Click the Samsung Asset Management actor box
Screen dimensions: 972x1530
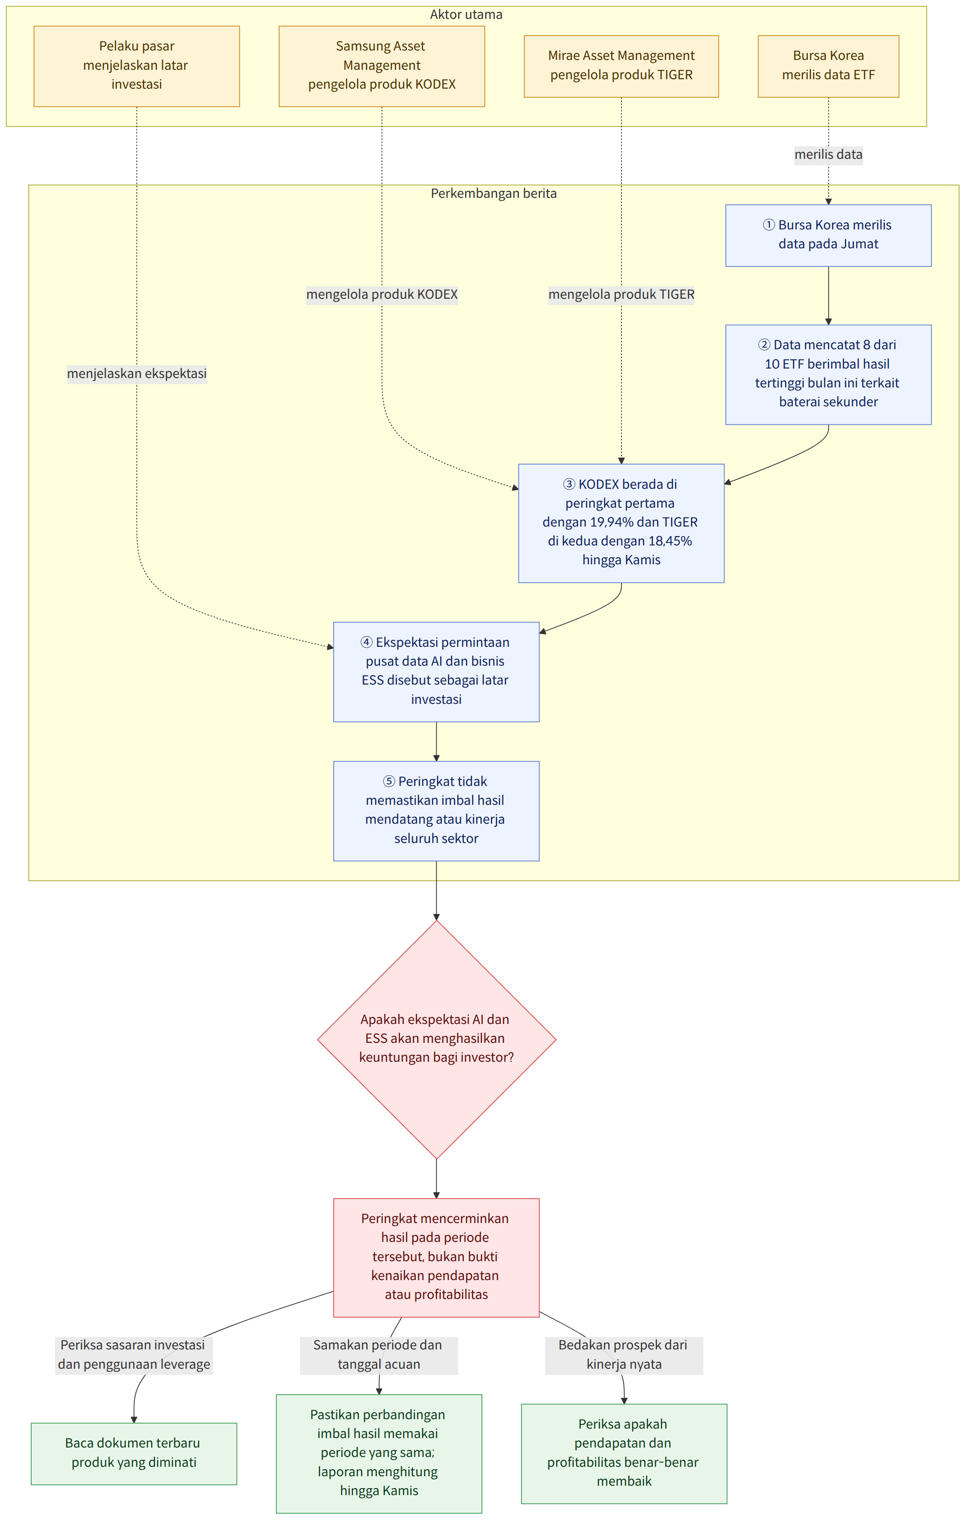(x=382, y=66)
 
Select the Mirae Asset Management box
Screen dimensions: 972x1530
(x=621, y=66)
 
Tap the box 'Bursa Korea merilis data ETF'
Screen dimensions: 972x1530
(x=828, y=66)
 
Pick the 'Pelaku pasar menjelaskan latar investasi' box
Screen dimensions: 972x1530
(x=137, y=66)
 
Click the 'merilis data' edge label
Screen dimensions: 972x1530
(x=828, y=154)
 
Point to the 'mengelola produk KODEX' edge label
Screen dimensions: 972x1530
(x=382, y=295)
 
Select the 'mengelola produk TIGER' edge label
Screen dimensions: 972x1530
(x=621, y=295)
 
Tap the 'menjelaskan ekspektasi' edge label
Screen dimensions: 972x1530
(x=137, y=373)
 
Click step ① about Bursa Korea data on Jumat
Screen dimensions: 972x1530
(x=828, y=235)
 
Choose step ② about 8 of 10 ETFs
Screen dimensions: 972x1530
(x=828, y=374)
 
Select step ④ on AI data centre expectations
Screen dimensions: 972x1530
(x=436, y=671)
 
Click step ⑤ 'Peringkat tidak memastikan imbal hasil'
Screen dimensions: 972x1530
(x=436, y=811)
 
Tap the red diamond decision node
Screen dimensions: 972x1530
(x=436, y=1040)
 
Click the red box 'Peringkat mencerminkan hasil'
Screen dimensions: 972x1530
(x=436, y=1257)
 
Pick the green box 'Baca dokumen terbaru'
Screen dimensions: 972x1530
(x=134, y=1454)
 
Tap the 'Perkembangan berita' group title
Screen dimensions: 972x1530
(x=494, y=194)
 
